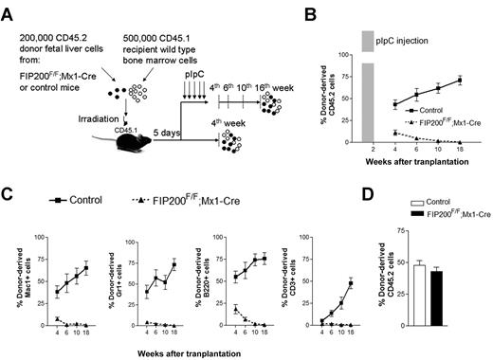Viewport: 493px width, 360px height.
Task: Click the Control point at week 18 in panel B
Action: pyautogui.click(x=459, y=81)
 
